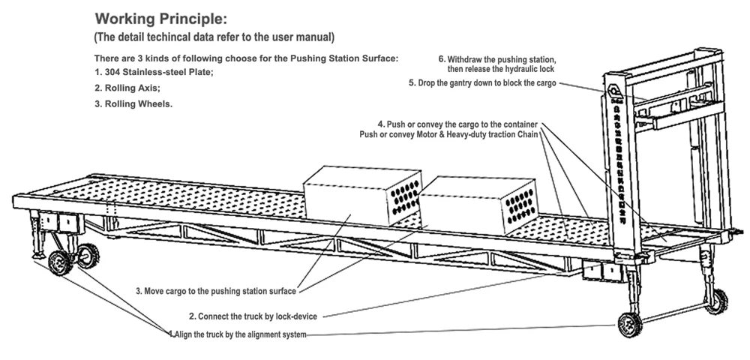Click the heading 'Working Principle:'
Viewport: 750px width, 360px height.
157,18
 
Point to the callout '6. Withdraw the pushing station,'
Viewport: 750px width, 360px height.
496,59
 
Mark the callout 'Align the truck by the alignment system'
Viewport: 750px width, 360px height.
240,334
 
